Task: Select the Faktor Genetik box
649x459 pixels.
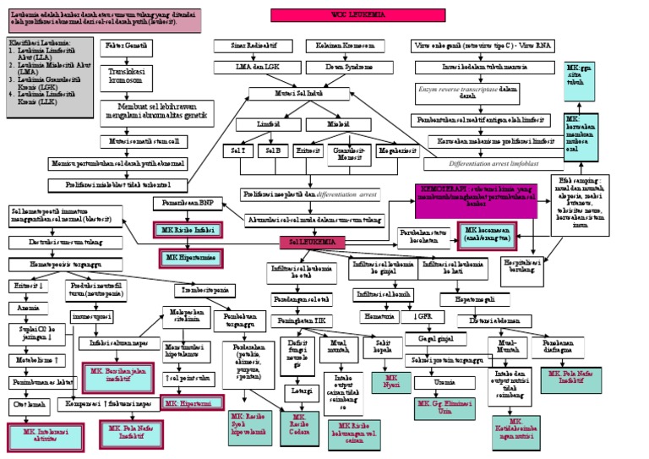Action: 128,45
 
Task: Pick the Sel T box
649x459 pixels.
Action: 237,150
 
